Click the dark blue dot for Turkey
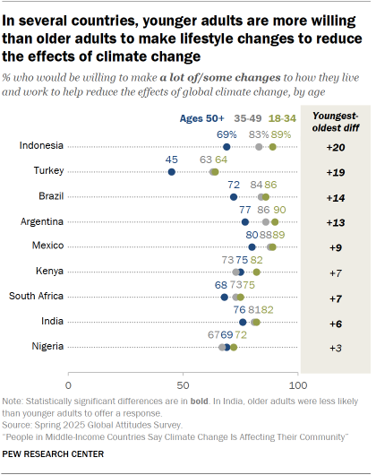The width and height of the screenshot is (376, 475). coord(172,171)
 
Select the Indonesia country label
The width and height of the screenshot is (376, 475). coord(41,146)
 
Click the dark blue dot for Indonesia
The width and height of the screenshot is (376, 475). coord(226,146)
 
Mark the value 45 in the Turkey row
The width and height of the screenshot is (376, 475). coord(172,160)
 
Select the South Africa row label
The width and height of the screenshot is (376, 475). coord(36,296)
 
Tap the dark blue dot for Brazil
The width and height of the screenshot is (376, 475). coord(233,196)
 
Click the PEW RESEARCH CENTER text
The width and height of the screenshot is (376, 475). coord(54,454)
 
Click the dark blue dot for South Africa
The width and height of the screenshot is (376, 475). coord(224,296)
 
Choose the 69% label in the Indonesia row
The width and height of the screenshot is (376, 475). coord(227,134)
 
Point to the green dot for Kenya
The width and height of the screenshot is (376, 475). coord(256,271)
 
